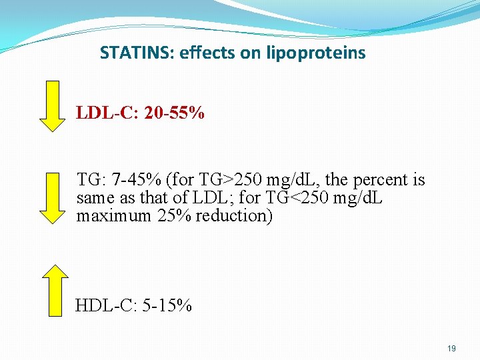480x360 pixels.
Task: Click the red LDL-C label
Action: pos(105,113)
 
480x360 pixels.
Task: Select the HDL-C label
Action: pos(103,306)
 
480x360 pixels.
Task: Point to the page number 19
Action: pos(451,348)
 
